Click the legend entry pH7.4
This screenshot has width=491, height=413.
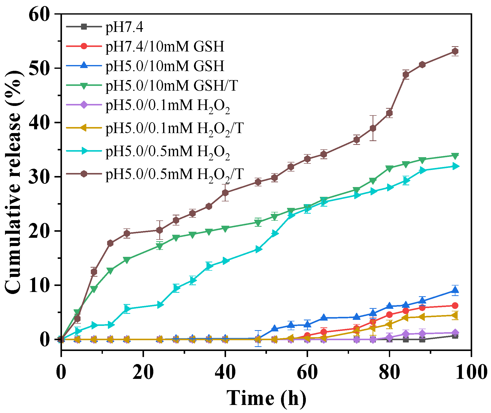point(124,27)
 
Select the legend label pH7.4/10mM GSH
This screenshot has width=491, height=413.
point(165,46)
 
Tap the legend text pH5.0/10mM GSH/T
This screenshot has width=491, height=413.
point(171,86)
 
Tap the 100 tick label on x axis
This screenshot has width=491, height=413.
point(471,372)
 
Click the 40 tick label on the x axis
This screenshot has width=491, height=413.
point(225,372)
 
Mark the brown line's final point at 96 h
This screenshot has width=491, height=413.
point(455,51)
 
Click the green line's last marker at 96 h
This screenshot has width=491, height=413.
point(455,156)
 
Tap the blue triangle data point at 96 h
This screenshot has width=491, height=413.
point(455,290)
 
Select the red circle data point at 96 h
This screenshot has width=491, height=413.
point(455,306)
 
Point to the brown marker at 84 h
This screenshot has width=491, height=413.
point(406,75)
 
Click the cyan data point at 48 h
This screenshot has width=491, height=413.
point(258,249)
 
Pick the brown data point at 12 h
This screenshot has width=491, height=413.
point(110,243)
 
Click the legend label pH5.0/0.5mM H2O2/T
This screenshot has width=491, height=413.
point(174,174)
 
